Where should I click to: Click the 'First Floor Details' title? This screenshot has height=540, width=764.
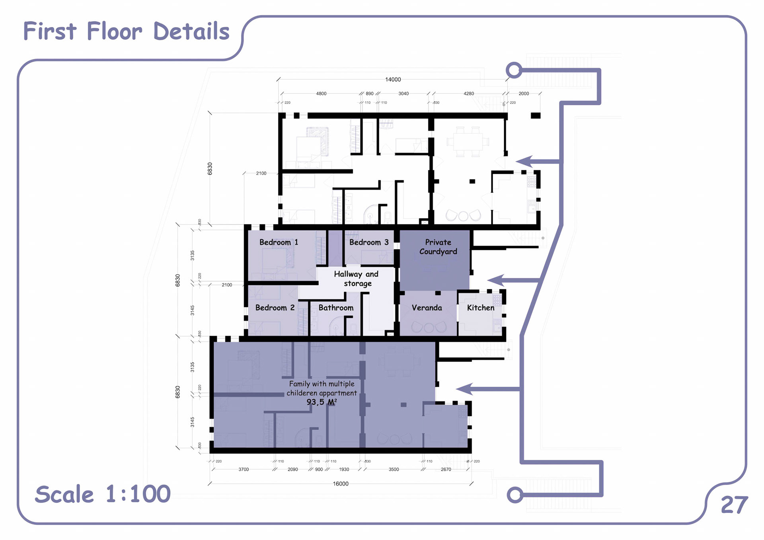click(126, 31)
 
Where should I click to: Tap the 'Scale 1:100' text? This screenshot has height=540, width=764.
click(103, 494)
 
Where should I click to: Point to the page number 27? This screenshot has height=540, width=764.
click(734, 505)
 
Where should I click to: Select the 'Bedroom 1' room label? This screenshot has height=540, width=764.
click(279, 242)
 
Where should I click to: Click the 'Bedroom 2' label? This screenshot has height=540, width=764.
click(275, 308)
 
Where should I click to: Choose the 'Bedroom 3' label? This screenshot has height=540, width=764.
click(369, 242)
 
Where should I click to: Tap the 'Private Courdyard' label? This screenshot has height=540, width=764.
click(438, 247)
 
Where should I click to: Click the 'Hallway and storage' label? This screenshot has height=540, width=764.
click(357, 279)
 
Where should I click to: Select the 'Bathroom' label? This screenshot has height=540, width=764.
click(336, 308)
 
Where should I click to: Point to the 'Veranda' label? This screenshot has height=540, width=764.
click(427, 308)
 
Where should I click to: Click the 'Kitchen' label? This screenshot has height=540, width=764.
click(481, 308)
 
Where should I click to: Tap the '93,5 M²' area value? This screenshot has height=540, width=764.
click(322, 402)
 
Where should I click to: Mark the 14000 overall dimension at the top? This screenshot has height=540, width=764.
click(393, 80)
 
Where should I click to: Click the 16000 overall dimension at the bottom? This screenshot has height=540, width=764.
click(341, 484)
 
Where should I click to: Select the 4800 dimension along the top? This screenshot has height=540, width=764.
click(321, 94)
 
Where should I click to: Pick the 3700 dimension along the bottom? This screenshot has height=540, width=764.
click(244, 470)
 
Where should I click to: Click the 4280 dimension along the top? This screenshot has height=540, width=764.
click(469, 94)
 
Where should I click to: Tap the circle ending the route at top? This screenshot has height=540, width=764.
click(514, 70)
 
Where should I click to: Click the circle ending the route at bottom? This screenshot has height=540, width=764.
click(515, 495)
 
